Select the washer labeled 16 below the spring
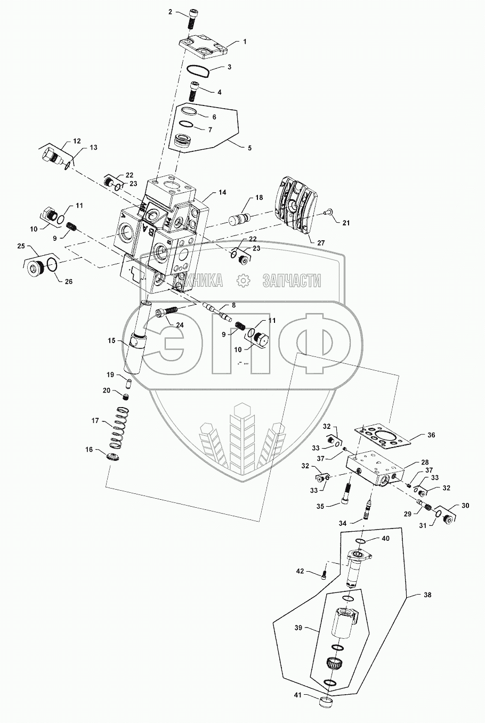113,458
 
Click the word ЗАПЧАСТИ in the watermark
292,280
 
